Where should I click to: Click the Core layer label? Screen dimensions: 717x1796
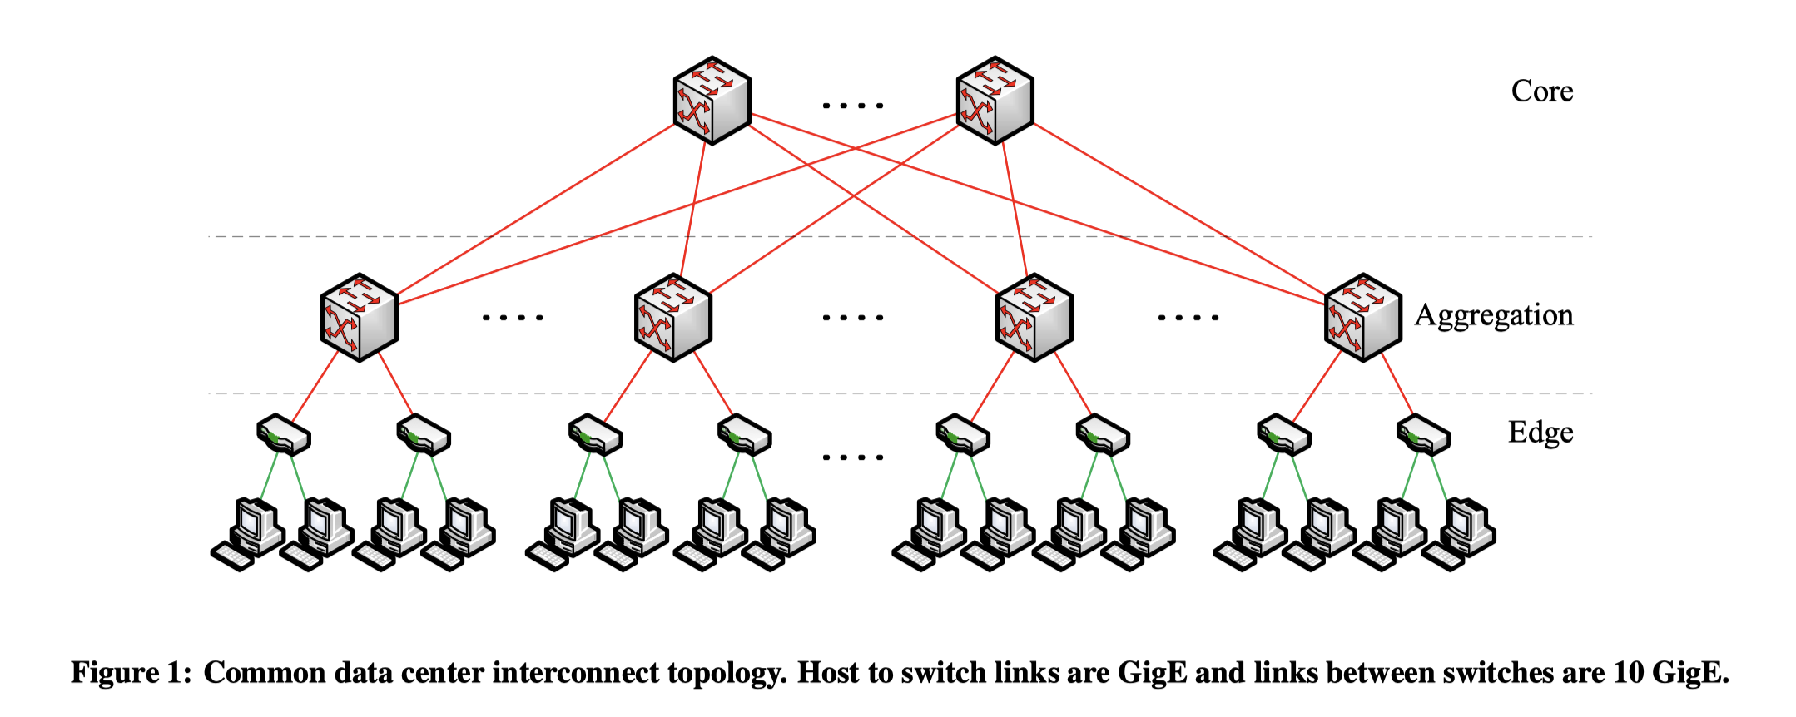[1541, 91]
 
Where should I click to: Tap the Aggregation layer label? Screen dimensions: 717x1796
[1494, 315]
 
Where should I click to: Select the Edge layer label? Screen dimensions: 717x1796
[1540, 433]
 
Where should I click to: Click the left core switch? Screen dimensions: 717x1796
[712, 100]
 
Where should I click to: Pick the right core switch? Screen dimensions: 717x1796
[995, 100]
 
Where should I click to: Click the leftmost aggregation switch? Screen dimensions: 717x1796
[360, 317]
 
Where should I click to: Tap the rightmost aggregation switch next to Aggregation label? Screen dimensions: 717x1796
[1362, 317]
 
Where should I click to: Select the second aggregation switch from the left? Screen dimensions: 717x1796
[672, 317]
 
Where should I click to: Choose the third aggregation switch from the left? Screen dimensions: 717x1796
[1034, 317]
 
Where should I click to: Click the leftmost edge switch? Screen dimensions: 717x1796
[283, 434]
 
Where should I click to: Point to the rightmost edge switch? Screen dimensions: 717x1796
[1423, 434]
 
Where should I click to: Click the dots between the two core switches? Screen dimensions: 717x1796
[852, 106]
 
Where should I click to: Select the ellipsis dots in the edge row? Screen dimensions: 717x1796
[852, 457]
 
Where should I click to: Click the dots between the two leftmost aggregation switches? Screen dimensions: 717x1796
[513, 317]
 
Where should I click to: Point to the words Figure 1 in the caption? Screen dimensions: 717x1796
[131, 672]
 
